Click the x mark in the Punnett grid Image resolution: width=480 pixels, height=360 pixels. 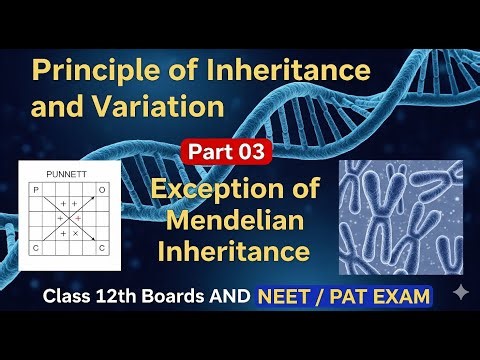[x=76, y=233]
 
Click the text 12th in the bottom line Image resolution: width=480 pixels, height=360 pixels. [x=112, y=297]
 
